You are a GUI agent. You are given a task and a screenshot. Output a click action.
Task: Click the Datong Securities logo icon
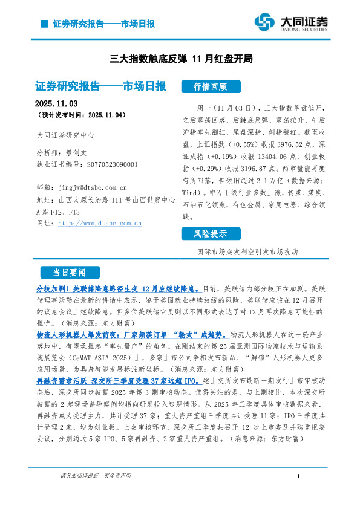click(x=264, y=22)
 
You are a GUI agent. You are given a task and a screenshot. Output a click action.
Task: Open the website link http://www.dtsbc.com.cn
click(x=99, y=223)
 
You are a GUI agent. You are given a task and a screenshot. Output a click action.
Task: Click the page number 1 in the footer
click(x=299, y=476)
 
